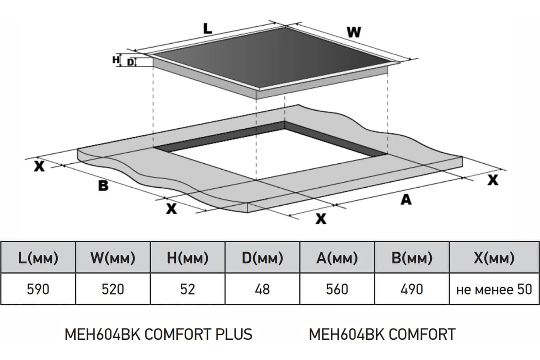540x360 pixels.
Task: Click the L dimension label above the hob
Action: pyautogui.click(x=207, y=28)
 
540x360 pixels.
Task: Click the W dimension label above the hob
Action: pyautogui.click(x=354, y=32)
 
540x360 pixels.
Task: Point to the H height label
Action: pyautogui.click(x=116, y=59)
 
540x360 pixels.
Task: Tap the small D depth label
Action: pyautogui.click(x=130, y=63)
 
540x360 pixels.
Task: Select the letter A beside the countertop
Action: pyautogui.click(x=406, y=200)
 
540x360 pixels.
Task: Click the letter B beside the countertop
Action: pyautogui.click(x=103, y=186)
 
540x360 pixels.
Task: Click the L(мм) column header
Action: pyautogui.click(x=38, y=258)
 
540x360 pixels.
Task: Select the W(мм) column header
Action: pyautogui.click(x=113, y=258)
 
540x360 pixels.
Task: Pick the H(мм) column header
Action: pyautogui.click(x=188, y=258)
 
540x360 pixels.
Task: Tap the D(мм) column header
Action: pyautogui.click(x=262, y=258)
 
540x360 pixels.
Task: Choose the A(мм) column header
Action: pyautogui.click(x=337, y=258)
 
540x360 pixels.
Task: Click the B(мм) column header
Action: pyautogui.click(x=412, y=258)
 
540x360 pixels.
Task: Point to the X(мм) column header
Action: pyautogui.click(x=494, y=258)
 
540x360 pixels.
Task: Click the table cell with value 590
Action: pyautogui.click(x=38, y=289)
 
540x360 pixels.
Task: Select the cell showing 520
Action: pyautogui.click(x=113, y=289)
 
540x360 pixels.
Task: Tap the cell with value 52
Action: pyautogui.click(x=188, y=289)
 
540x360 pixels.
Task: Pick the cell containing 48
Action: pyautogui.click(x=262, y=289)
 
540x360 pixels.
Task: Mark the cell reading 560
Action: pyautogui.click(x=337, y=289)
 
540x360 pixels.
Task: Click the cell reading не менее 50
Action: pyautogui.click(x=494, y=289)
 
